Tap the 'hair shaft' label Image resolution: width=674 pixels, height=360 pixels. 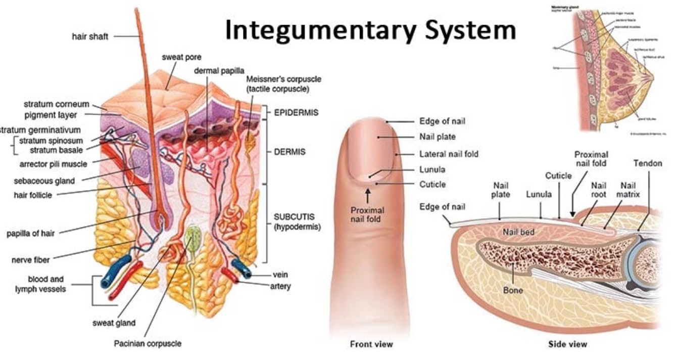89,36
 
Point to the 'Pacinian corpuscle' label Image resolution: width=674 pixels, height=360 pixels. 148,343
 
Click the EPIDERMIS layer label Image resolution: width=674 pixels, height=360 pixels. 296,112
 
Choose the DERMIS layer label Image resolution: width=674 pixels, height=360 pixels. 290,152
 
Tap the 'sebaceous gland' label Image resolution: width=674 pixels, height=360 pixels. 44,181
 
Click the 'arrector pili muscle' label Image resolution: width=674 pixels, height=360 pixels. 53,164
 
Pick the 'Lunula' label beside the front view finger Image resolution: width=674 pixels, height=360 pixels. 432,169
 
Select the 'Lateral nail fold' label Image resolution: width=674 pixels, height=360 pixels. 449,154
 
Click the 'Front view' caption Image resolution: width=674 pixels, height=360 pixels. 371,344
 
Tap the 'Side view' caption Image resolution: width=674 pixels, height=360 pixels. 568,344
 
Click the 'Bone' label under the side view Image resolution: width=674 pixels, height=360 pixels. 513,291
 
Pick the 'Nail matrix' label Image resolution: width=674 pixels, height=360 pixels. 630,190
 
